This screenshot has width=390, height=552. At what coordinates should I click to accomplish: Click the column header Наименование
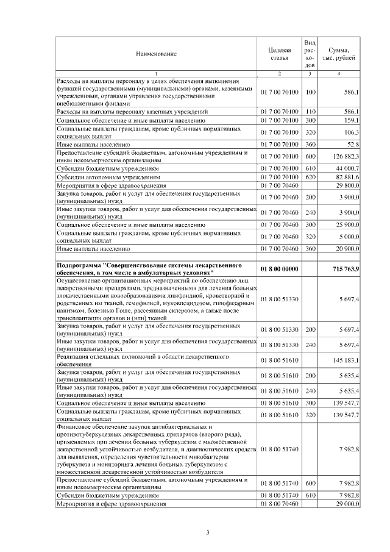(157, 54)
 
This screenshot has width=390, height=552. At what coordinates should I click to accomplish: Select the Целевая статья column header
(279, 54)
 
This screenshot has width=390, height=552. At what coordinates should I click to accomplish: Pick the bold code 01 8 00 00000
(279, 269)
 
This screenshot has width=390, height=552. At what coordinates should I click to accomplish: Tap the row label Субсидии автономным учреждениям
(104, 176)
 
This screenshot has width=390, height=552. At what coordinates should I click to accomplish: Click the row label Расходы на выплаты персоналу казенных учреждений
(132, 112)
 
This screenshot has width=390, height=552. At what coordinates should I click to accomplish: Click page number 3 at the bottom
(207, 533)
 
